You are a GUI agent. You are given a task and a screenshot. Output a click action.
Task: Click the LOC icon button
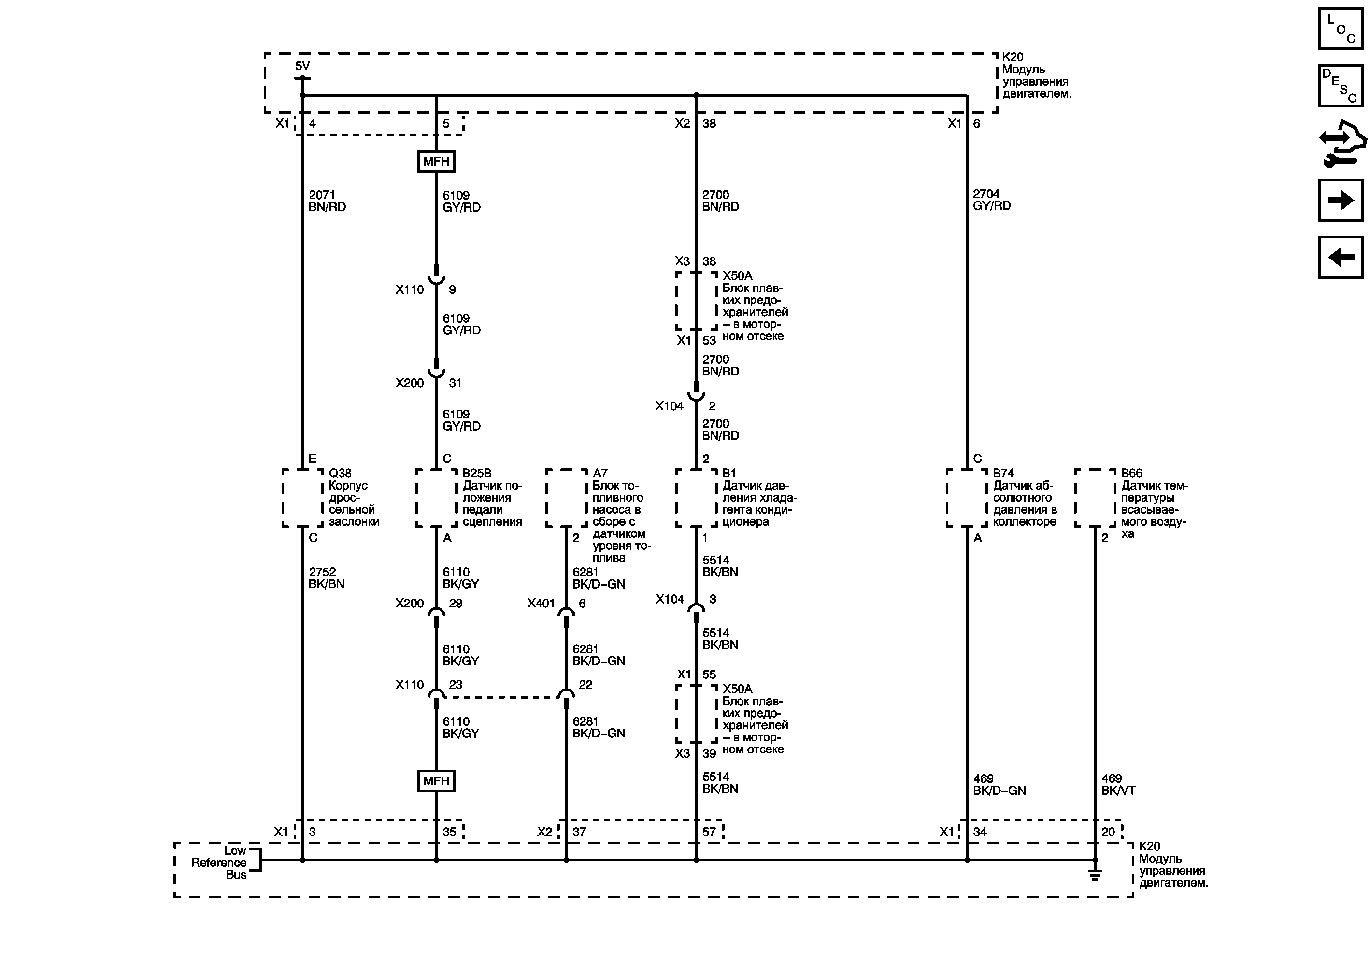point(1340,29)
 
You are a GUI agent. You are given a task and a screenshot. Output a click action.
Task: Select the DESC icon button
point(1340,86)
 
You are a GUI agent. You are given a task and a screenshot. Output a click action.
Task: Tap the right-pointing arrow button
point(1340,200)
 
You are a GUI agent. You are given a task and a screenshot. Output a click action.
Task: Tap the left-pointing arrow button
point(1340,257)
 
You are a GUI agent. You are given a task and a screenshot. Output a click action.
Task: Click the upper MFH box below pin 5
point(436,161)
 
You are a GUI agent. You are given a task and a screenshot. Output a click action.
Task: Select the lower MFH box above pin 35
point(436,780)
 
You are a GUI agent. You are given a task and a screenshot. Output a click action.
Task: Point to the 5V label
point(302,66)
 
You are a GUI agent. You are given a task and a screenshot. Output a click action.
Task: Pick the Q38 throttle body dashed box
point(302,498)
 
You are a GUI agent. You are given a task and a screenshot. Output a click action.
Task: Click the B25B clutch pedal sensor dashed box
point(436,498)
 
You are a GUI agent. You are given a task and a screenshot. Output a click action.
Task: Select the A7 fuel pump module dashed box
point(566,498)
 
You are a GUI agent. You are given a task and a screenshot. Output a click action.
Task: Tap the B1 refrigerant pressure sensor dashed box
point(696,498)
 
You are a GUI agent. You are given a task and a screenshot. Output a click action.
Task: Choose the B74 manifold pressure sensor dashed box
point(967,498)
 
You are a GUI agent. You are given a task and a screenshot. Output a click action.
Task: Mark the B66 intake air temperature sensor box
point(1095,498)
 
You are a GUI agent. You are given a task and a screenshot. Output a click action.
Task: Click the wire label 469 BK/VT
point(1118,784)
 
